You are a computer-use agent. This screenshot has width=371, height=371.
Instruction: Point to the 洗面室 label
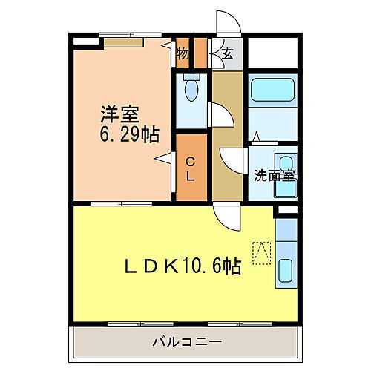point(274,175)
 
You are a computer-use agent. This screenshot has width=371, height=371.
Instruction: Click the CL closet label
point(190,168)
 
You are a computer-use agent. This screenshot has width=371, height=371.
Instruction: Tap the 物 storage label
point(183,53)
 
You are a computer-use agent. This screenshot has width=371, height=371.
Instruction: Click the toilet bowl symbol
point(191,91)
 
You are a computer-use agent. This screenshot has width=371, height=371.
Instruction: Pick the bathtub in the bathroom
point(272,91)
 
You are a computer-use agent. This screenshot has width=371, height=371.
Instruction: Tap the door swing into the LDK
point(226,217)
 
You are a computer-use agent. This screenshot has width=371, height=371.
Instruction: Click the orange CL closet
point(191,167)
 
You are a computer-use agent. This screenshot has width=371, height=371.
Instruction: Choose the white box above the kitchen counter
point(286,211)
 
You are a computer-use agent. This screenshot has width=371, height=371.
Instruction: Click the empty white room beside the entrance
point(272,53)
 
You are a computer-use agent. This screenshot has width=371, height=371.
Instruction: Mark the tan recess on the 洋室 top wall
point(122,42)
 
